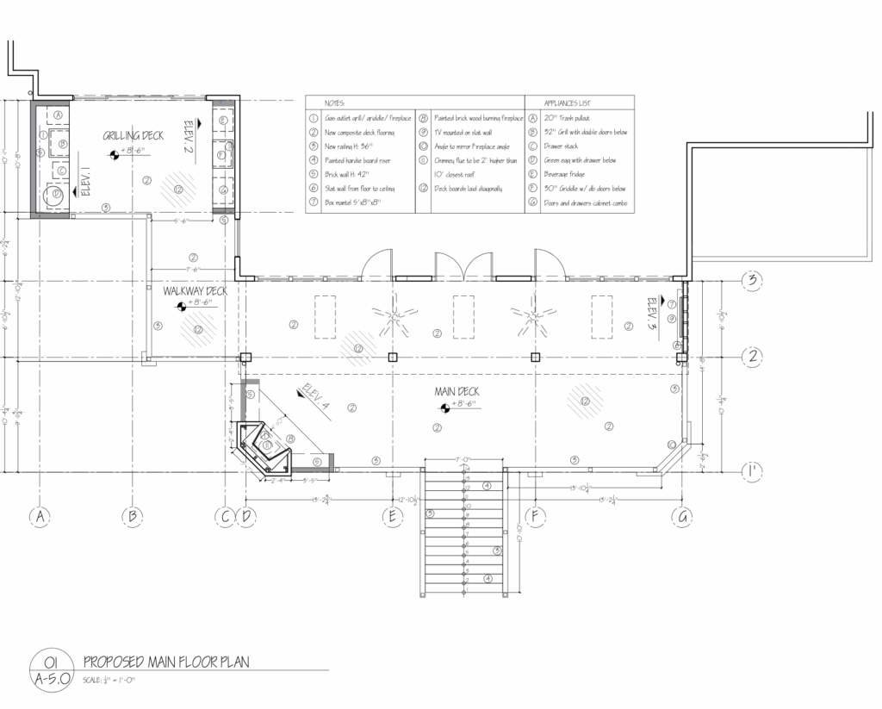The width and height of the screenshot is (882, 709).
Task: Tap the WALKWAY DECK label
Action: coord(195,291)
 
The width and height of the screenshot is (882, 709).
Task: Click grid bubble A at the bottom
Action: coord(39,516)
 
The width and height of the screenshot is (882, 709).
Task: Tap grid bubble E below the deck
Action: coord(392,516)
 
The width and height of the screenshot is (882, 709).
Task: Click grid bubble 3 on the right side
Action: coord(752,281)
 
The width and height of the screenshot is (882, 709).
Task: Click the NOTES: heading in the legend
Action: coord(334,102)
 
